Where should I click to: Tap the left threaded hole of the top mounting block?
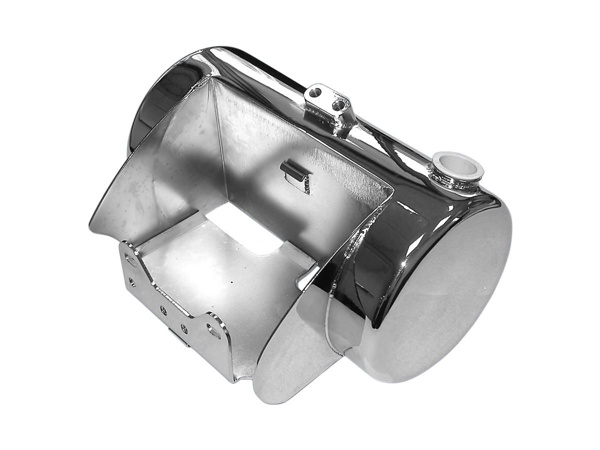point(315,92)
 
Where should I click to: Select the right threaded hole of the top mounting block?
point(341,104)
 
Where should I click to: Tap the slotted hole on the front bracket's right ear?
point(214,331)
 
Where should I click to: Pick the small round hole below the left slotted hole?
point(132,281)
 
